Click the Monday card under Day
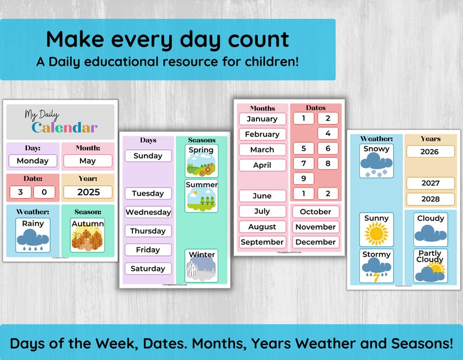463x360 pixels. (33, 161)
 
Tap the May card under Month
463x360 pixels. (87, 161)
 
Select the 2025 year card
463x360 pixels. (87, 192)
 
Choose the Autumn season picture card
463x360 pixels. (87, 235)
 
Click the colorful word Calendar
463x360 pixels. (64, 128)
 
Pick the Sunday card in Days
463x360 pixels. (148, 156)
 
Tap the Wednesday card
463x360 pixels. (148, 212)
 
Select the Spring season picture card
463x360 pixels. (202, 161)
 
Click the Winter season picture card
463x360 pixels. (202, 266)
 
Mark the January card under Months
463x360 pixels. (262, 119)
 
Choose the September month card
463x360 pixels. (262, 242)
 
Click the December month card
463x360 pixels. (315, 242)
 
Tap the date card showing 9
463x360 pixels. (303, 178)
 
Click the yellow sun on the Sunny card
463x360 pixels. (376, 233)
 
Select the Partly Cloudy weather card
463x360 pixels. (430, 266)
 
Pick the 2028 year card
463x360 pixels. (430, 199)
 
